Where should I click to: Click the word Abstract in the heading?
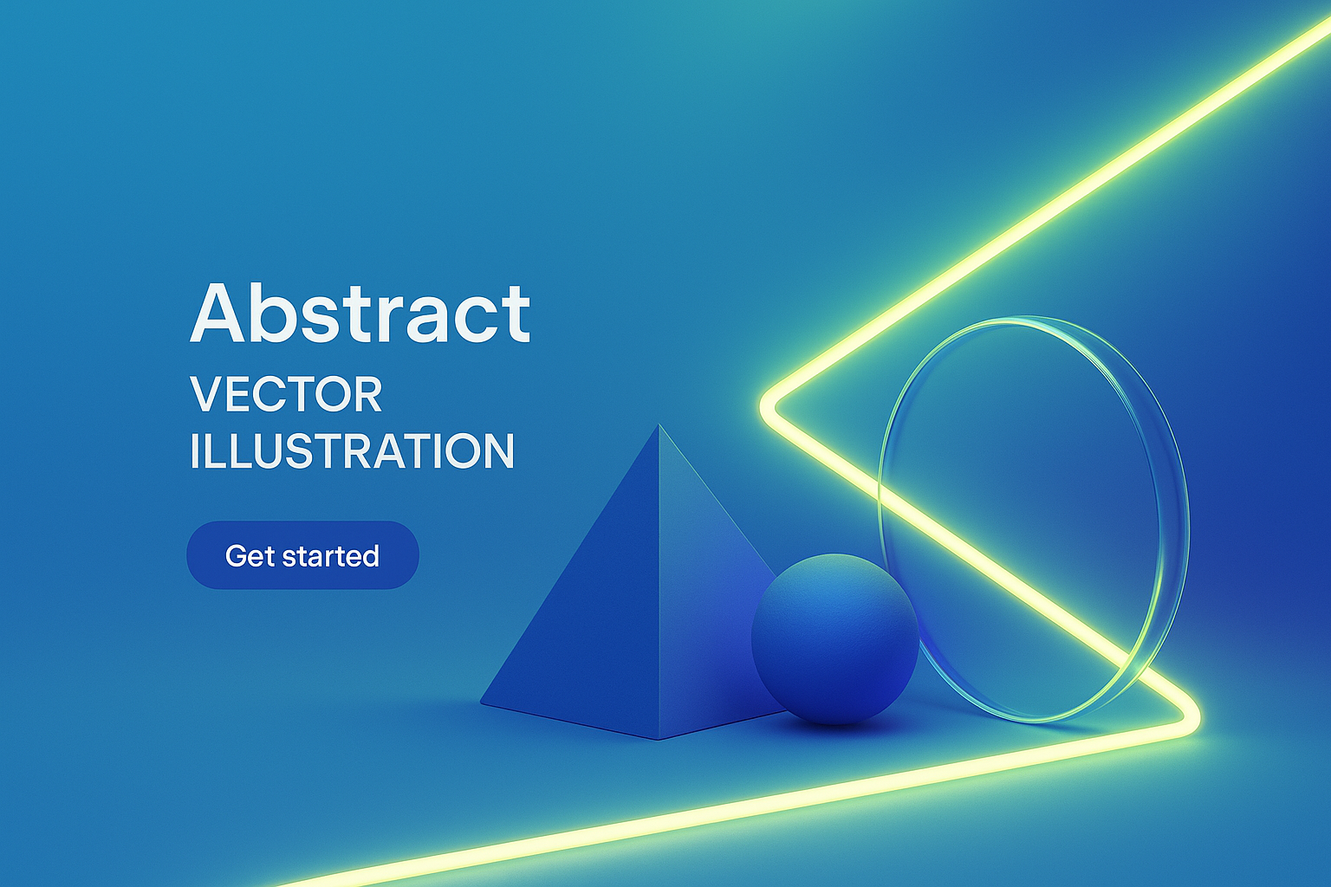360,313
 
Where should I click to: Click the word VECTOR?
286,394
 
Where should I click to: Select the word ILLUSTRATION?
352,450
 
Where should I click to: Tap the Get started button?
303,555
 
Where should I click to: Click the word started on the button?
330,556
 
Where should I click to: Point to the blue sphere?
834,638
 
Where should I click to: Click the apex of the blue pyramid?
659,424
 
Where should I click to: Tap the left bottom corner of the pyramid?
481,703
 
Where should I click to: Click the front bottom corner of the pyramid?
659,740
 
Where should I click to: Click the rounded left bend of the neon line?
768,407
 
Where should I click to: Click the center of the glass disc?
1034,520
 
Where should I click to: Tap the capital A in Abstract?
217,313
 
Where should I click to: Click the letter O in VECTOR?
332,394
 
